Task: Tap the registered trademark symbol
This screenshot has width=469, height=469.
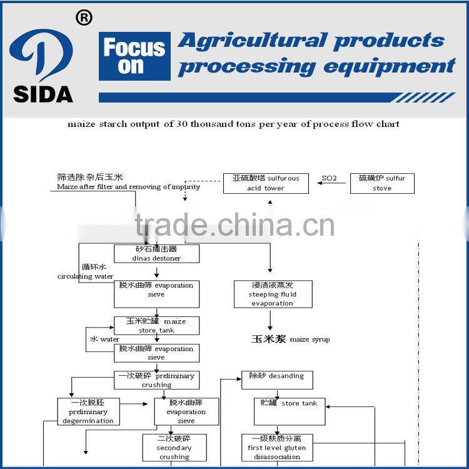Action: click(x=83, y=18)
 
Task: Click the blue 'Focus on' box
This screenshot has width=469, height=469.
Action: click(x=134, y=57)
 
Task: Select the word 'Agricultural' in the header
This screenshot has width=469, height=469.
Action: click(x=251, y=41)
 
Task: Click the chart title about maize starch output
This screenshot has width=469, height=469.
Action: click(x=233, y=124)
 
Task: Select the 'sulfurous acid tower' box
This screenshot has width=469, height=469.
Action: click(x=266, y=183)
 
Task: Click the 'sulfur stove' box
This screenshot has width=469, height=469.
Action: click(x=382, y=183)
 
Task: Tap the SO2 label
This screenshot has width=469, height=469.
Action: click(x=329, y=178)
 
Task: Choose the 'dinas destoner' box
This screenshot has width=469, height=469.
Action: click(x=156, y=253)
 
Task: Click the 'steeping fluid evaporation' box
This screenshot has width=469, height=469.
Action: click(x=273, y=294)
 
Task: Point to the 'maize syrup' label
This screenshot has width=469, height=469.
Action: click(x=290, y=339)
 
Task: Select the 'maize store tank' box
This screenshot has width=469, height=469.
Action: click(x=156, y=326)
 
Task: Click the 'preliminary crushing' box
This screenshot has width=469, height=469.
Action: click(x=156, y=380)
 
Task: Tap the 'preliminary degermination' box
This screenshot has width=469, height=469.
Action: click(x=88, y=412)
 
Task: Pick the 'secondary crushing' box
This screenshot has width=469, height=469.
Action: click(x=174, y=448)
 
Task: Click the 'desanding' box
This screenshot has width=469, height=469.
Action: click(x=276, y=380)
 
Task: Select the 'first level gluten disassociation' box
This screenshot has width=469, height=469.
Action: click(x=276, y=448)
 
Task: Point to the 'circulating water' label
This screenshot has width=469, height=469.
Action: click(x=86, y=272)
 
